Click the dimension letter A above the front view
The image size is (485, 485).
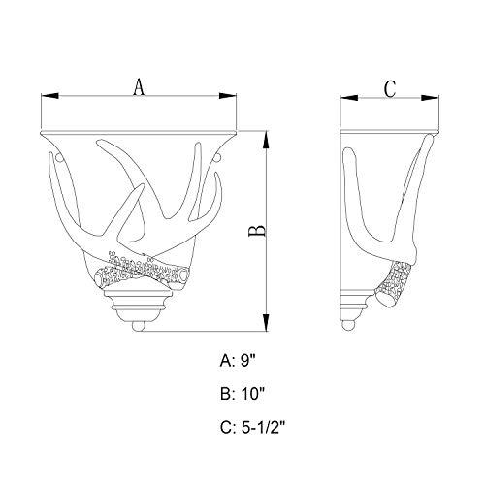pos(139,86)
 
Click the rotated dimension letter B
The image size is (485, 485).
pos(258,231)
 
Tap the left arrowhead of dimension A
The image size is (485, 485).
pos(50,96)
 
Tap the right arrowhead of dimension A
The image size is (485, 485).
pos(228,96)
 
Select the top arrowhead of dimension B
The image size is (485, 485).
pos(266,140)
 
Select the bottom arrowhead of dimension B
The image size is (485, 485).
pos(266,322)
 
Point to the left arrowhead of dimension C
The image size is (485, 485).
pos(349,98)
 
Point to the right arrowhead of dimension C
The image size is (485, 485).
pos(430,98)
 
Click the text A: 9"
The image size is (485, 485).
pos(238,361)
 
